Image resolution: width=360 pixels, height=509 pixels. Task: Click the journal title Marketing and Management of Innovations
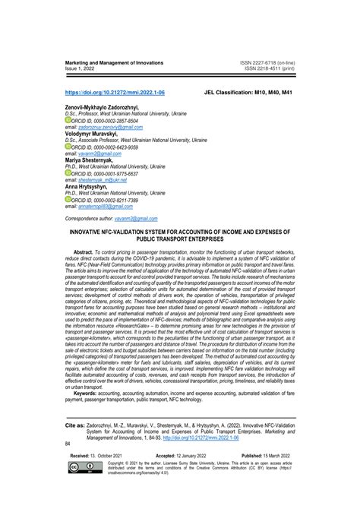tap(112, 62)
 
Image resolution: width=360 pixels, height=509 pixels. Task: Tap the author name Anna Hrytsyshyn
tap(85, 187)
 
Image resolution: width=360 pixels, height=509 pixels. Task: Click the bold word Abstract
tap(87, 250)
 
